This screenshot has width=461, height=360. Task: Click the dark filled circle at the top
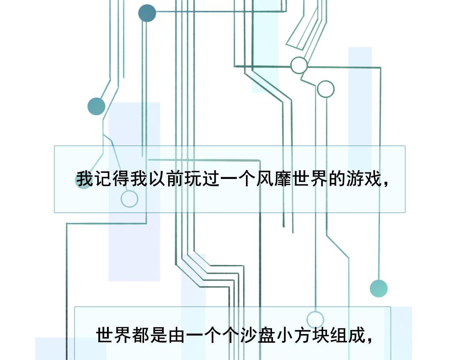coord(147,13)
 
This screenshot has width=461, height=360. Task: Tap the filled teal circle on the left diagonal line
coord(96,106)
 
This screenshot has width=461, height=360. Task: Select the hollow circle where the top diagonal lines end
coord(299,65)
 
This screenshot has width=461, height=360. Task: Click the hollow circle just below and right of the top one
coord(326,89)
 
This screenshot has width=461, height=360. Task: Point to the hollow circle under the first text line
coord(129,199)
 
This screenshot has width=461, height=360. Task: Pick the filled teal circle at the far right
coord(379,288)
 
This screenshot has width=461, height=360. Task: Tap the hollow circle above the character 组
coord(315,320)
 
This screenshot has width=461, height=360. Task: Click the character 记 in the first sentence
coord(103,179)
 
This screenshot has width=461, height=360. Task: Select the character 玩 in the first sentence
coord(193,179)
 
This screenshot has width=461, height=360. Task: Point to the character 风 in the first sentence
coord(265,179)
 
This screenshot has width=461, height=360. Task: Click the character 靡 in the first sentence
coord(283,179)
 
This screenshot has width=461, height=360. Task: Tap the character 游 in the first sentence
coord(355,179)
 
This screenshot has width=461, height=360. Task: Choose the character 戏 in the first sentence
coord(373,179)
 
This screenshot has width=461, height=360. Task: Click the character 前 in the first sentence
coord(175,179)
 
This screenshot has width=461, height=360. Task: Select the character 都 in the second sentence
coord(141,335)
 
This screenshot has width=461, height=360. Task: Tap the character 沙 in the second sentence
coord(249,335)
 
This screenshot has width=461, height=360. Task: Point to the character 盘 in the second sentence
coord(267,335)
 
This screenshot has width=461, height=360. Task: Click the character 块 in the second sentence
coord(321,335)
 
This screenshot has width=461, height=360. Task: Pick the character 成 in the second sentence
coord(357,335)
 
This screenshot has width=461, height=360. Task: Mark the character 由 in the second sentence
coord(177,335)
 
